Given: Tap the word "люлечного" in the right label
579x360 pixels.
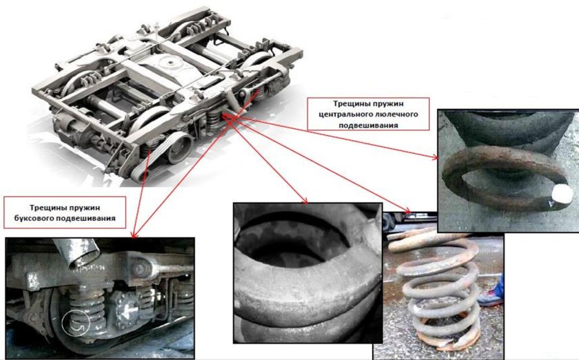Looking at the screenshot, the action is coord(397,114).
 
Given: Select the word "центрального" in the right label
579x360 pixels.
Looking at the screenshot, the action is coord(345,114).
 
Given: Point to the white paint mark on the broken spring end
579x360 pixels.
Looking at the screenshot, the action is coord(561,192).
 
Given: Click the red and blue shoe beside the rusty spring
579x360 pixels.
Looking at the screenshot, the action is coord(492,294).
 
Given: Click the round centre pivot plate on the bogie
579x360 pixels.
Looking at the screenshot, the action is coord(170,63).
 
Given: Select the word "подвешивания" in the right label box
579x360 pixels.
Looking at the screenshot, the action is coord(369,126).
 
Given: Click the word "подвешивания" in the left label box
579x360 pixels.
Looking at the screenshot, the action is coord(85,219).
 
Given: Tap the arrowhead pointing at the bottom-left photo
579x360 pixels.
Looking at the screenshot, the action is coord(133,234).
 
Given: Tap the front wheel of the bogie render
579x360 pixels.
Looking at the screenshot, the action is coord(179,148).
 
